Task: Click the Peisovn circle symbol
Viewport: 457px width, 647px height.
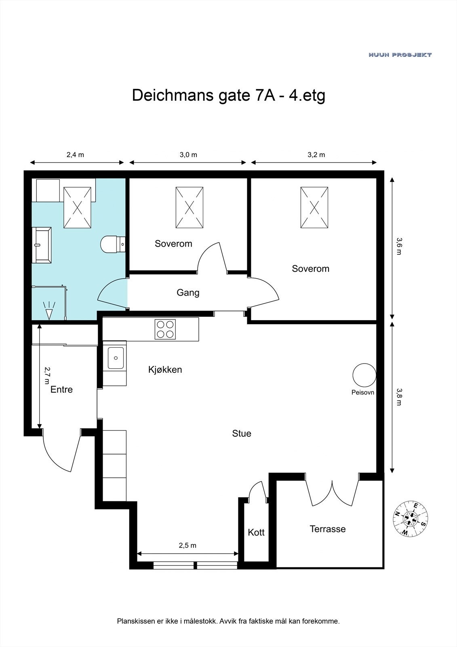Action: [364, 375]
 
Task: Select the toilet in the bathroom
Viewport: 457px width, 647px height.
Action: [113, 244]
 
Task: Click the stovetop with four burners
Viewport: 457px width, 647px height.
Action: [165, 329]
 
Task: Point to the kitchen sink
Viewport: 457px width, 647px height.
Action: [116, 358]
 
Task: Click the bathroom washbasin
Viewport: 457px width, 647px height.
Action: [42, 245]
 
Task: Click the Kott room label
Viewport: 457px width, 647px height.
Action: [256, 532]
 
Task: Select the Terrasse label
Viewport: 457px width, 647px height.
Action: [328, 529]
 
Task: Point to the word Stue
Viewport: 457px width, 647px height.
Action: [242, 433]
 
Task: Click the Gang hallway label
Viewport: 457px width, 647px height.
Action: [188, 293]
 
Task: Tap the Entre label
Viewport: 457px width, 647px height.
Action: [61, 389]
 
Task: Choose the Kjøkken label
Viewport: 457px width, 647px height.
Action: [165, 370]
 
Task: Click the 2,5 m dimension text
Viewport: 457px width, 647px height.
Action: [187, 546]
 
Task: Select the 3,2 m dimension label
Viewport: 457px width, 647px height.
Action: [316, 155]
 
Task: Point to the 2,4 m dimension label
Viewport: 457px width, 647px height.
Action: [75, 155]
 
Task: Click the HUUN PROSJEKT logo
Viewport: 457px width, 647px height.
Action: [400, 55]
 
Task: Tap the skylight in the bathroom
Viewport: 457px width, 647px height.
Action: [77, 207]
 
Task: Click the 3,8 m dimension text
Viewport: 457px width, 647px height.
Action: [399, 397]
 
